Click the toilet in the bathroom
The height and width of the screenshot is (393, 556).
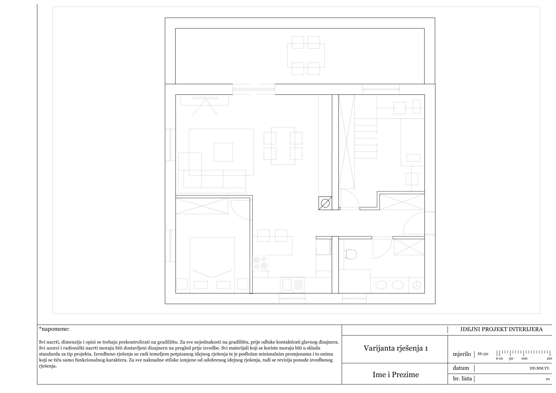tap(351, 254)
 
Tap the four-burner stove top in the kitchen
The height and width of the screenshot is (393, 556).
tap(261, 263)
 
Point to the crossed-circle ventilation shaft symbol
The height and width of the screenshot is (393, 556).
tap(325, 203)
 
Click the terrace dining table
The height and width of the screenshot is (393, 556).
tap(306, 56)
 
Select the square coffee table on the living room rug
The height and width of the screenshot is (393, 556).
tap(223, 152)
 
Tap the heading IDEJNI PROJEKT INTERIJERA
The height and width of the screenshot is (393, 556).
tap(502, 329)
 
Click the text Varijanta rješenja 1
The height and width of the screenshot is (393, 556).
tap(396, 348)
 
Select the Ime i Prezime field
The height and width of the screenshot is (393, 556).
tap(396, 375)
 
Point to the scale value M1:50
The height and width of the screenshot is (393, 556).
tap(483, 354)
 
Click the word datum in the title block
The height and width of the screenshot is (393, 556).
tap(461, 368)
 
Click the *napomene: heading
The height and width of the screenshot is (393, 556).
tap(54, 329)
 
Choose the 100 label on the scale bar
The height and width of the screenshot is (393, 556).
tap(524, 359)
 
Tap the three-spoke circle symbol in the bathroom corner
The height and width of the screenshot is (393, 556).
tap(417, 285)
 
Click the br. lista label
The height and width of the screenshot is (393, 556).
tap(462, 379)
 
